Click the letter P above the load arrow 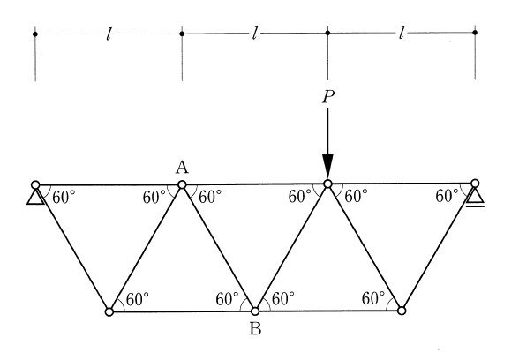click(x=328, y=97)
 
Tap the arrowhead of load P click(x=327, y=167)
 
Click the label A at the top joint click(x=182, y=168)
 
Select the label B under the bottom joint click(x=255, y=329)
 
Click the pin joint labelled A click(x=182, y=184)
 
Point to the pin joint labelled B click(x=255, y=311)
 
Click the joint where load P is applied click(x=327, y=184)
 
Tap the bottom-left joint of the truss click(x=109, y=312)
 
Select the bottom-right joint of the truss click(x=401, y=311)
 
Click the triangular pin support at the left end click(x=35, y=198)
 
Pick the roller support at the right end click(x=475, y=198)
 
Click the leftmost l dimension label click(x=109, y=34)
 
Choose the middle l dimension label click(x=254, y=34)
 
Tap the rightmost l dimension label click(x=402, y=33)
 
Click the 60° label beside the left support click(x=64, y=198)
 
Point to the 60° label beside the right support click(x=448, y=196)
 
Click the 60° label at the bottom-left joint click(x=138, y=299)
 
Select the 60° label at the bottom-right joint click(x=373, y=298)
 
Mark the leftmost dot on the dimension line click(x=35, y=34)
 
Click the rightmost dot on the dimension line click(x=475, y=33)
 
